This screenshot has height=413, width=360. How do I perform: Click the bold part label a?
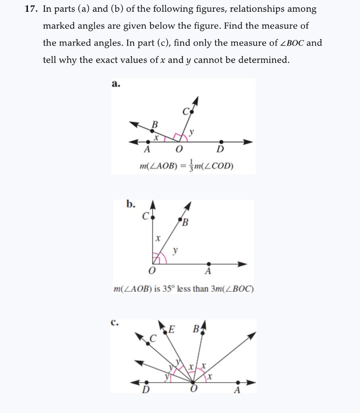(x=115, y=84)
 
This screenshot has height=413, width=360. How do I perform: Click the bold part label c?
(x=115, y=323)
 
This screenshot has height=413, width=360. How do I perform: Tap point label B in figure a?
(x=154, y=125)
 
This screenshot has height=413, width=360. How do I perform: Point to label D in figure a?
(x=220, y=150)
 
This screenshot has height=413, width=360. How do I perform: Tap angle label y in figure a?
(x=192, y=131)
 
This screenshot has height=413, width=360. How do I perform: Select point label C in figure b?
(x=145, y=216)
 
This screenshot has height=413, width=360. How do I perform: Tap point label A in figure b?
(x=207, y=271)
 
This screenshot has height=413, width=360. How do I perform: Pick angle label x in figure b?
(x=158, y=239)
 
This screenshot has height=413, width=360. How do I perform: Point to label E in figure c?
(x=171, y=330)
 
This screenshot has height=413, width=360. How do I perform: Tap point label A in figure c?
(x=237, y=390)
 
